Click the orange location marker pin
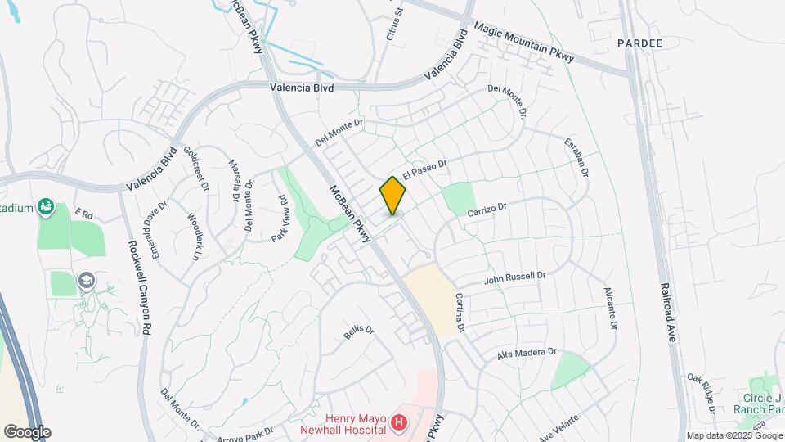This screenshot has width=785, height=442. (x=392, y=195)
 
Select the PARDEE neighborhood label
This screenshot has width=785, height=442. (x=639, y=42)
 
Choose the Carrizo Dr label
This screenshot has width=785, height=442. (x=488, y=210)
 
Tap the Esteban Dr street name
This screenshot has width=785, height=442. (x=576, y=159)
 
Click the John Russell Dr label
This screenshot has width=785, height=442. (x=514, y=278)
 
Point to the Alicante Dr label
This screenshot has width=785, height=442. (x=609, y=308)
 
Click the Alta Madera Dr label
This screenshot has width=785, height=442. (x=527, y=354)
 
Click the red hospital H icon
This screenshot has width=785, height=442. (x=398, y=422)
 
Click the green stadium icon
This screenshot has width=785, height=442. (x=47, y=208)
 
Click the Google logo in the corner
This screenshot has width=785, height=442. (x=26, y=431)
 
